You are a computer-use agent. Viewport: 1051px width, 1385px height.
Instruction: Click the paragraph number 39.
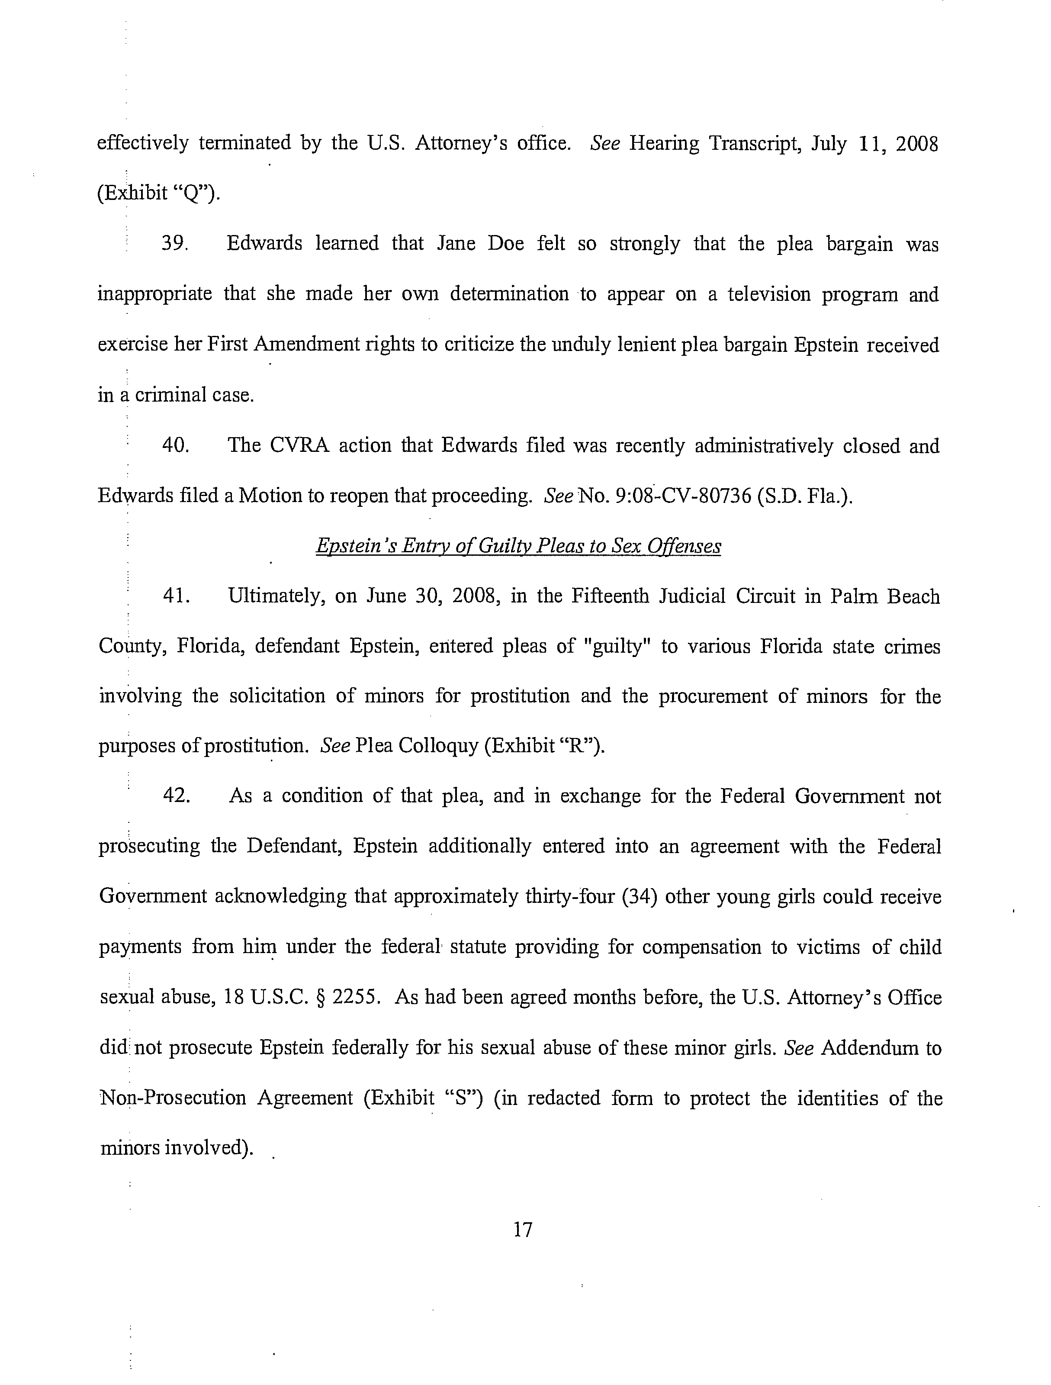[175, 244]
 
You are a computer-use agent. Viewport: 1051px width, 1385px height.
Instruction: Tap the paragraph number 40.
[175, 446]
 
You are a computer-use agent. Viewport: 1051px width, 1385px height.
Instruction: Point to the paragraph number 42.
[176, 796]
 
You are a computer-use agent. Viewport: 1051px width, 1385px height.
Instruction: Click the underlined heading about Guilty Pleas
[518, 547]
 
